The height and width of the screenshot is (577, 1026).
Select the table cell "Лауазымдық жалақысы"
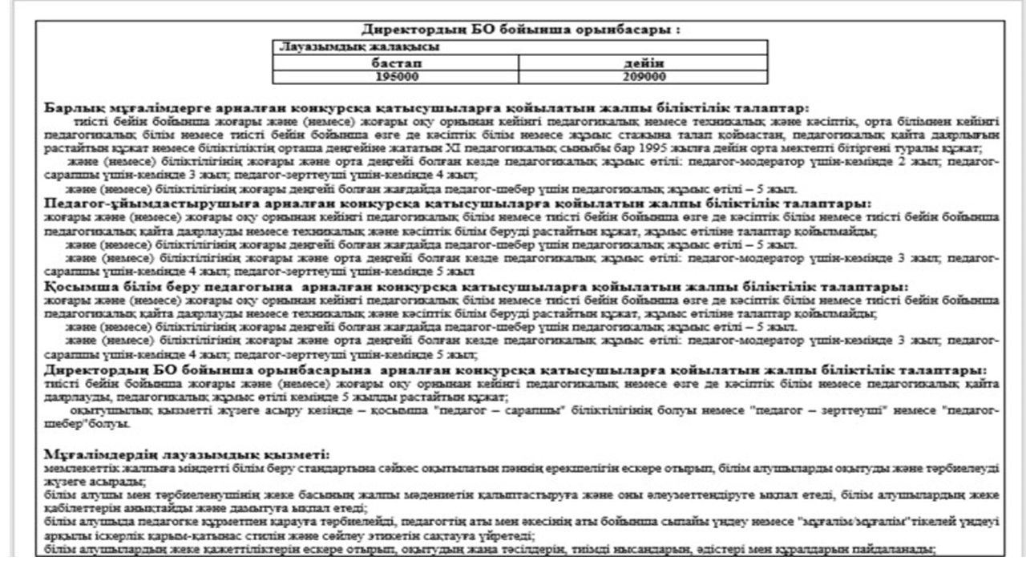point(324,47)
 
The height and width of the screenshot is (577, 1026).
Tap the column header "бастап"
point(396,63)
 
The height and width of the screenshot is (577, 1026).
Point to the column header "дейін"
point(643,63)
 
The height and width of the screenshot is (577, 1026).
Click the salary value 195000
point(396,77)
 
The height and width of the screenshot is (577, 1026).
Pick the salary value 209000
point(643,77)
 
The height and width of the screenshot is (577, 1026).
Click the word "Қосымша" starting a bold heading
point(74,286)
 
